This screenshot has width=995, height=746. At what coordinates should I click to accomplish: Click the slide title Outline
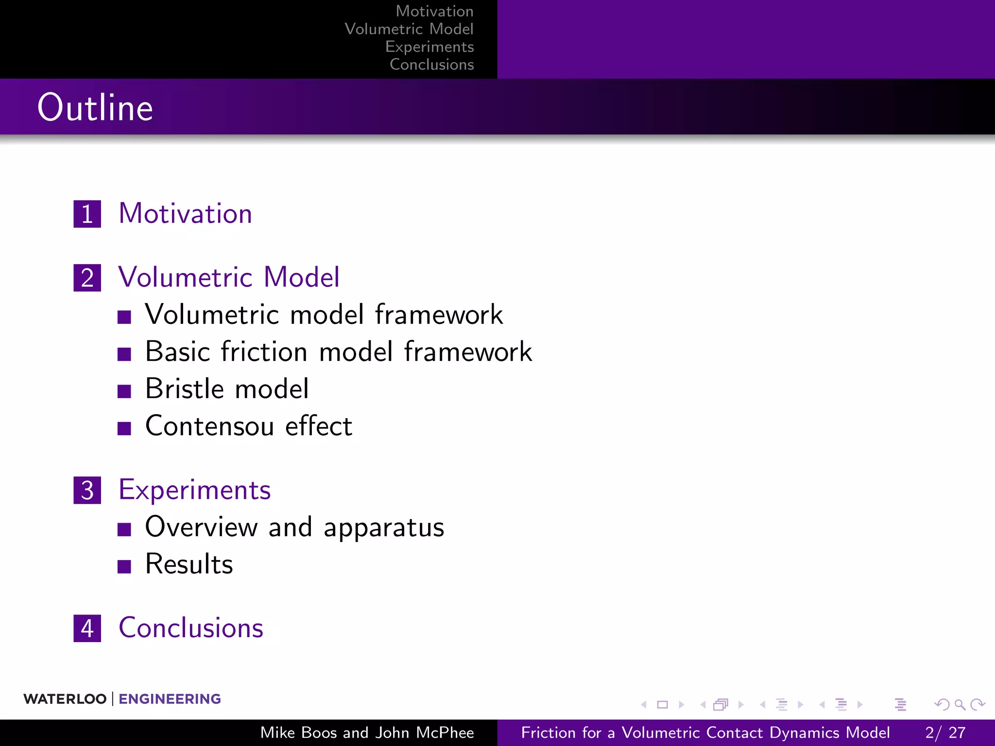point(95,107)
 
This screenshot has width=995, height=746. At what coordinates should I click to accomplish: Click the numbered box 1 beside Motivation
point(87,214)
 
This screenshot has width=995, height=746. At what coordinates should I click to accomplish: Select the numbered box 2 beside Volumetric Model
point(87,278)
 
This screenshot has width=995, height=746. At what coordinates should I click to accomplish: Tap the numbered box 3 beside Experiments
point(87,490)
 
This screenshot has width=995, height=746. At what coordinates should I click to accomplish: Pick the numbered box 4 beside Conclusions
point(87,628)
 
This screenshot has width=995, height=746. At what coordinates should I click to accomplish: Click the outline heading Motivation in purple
point(186,214)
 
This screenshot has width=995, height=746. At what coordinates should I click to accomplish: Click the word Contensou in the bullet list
point(209,426)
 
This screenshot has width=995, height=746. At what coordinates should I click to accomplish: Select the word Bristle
point(184,389)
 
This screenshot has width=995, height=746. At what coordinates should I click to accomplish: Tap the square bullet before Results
point(124,566)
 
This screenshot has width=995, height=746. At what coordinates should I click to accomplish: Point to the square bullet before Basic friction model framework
point(124,354)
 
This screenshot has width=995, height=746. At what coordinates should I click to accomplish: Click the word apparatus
point(384,528)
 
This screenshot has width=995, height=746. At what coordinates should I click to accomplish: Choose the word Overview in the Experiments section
point(201,527)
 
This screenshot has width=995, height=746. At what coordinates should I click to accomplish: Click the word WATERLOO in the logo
point(65,699)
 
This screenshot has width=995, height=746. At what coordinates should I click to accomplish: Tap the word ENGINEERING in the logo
point(170,699)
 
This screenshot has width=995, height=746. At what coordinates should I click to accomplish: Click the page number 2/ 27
point(945,732)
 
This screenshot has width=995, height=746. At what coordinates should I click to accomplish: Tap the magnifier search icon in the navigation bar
point(960,704)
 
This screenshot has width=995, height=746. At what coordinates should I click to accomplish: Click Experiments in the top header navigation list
point(429,47)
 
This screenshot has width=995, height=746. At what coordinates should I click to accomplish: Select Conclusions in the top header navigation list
point(431,65)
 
